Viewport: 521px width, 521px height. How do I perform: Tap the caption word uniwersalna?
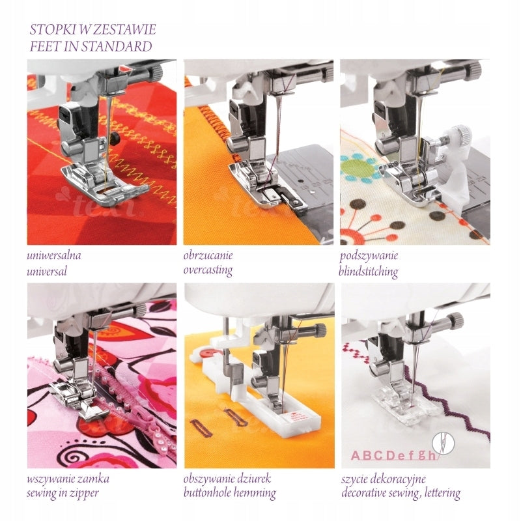tap(54, 255)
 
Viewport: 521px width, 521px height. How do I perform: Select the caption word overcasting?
tap(208, 270)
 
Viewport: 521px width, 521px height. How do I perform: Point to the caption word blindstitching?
tap(369, 272)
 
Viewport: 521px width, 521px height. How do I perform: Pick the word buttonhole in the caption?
tap(206, 492)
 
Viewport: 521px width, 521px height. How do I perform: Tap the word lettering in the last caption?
tap(442, 493)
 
